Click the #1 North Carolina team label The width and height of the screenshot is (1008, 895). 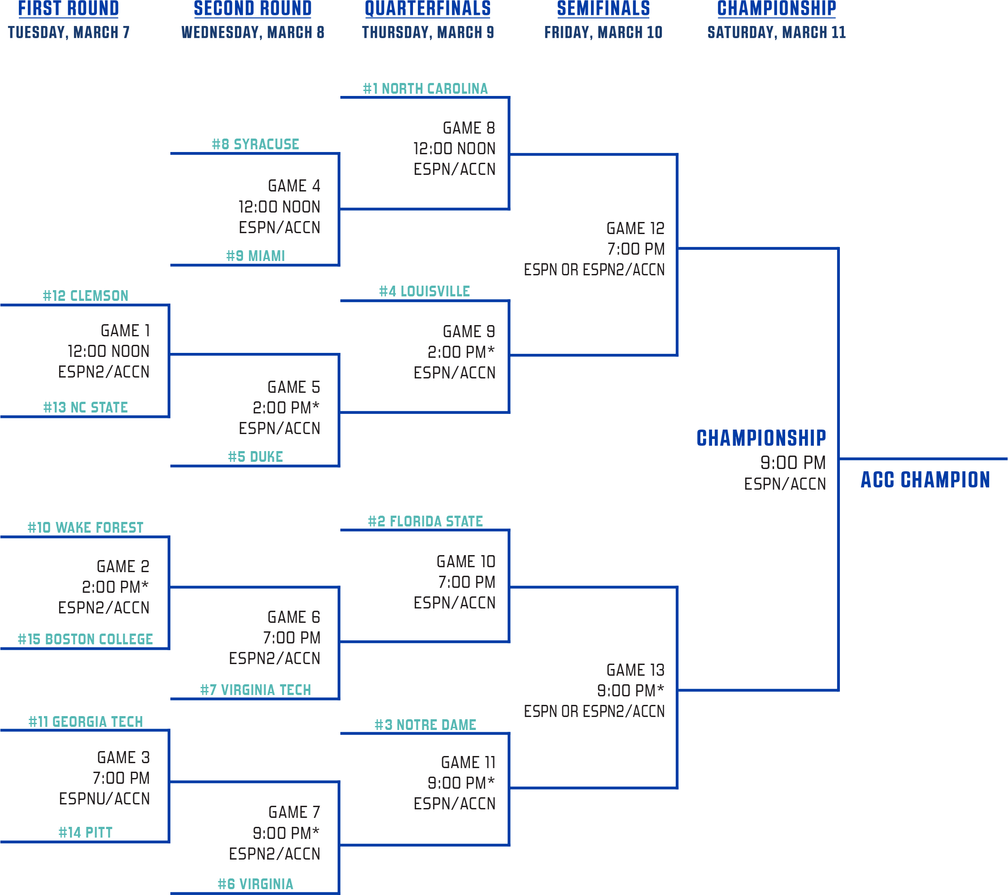tap(425, 89)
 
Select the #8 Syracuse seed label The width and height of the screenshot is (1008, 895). tap(256, 144)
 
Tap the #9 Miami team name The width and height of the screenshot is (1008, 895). tap(256, 256)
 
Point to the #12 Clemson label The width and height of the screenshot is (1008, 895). tap(85, 296)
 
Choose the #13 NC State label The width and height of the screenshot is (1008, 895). tap(85, 407)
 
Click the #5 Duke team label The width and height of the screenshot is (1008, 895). tap(256, 456)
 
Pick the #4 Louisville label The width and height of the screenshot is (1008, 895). tap(425, 291)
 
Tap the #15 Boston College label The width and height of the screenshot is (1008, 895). tap(85, 639)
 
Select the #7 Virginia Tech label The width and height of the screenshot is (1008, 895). tap(256, 690)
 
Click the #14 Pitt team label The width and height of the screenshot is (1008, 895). tap(85, 832)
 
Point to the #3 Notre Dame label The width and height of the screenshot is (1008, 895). tap(425, 725)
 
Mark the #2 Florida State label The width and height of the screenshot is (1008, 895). tap(425, 521)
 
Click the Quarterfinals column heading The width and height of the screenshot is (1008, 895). tap(428, 9)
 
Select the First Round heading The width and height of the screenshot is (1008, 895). tap(69, 9)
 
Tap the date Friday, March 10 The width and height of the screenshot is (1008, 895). tap(603, 33)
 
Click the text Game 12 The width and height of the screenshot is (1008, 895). tap(635, 228)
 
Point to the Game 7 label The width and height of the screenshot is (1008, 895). tap(294, 812)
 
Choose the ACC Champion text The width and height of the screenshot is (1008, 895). tap(925, 480)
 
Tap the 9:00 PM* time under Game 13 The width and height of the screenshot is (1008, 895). tap(630, 691)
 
